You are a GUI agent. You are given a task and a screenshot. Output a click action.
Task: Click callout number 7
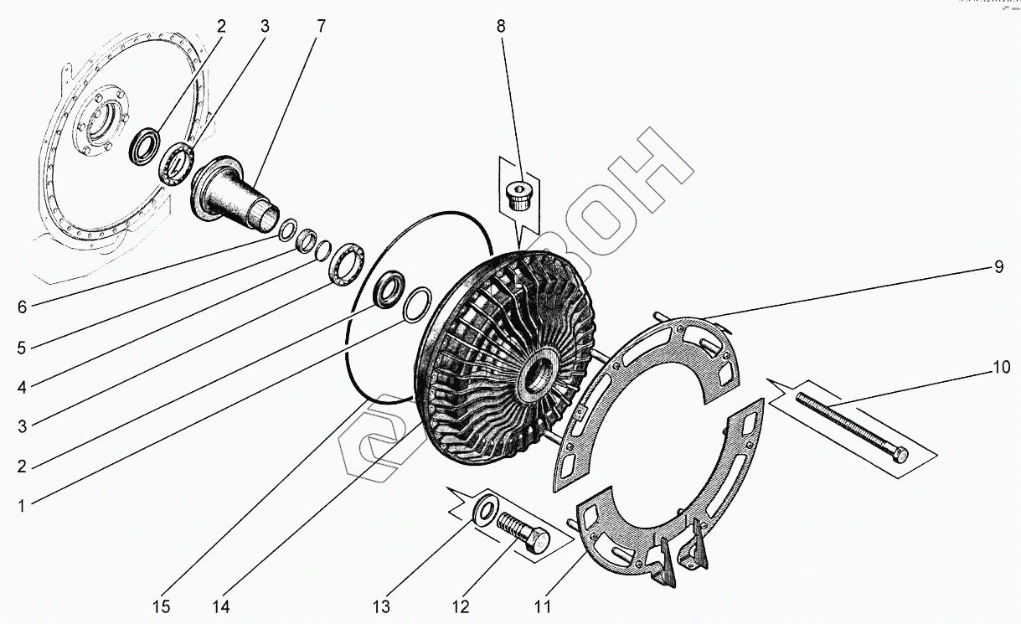coord(322,26)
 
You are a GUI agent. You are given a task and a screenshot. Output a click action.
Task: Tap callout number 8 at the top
coord(501,26)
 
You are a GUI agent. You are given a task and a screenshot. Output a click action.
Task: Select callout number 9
coord(998,267)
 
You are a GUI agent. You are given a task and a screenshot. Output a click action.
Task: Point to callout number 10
coord(1002,368)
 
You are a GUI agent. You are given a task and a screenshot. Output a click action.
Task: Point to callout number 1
coord(23,505)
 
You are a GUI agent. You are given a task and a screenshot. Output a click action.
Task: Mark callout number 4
coord(23,387)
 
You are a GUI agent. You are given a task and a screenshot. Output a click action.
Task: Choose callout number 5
coord(23,347)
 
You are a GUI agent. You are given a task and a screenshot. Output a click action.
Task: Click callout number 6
coord(23,307)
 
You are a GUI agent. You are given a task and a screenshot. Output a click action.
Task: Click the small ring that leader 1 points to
coord(416,305)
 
